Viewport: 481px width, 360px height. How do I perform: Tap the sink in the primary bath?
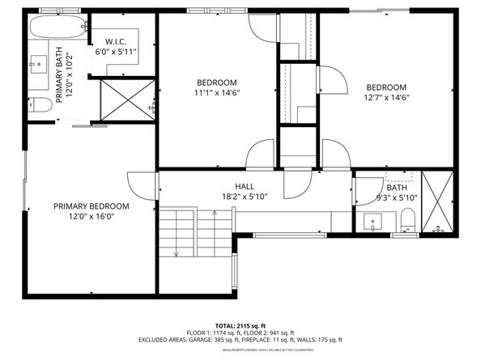[38, 63]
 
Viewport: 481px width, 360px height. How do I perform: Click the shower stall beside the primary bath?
[125, 100]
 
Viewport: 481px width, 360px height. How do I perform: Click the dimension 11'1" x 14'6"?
[216, 92]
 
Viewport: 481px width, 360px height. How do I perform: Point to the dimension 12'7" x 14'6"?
[385, 97]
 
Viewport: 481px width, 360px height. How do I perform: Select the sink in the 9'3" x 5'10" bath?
[373, 219]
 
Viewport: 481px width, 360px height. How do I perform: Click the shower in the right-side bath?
[440, 203]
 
